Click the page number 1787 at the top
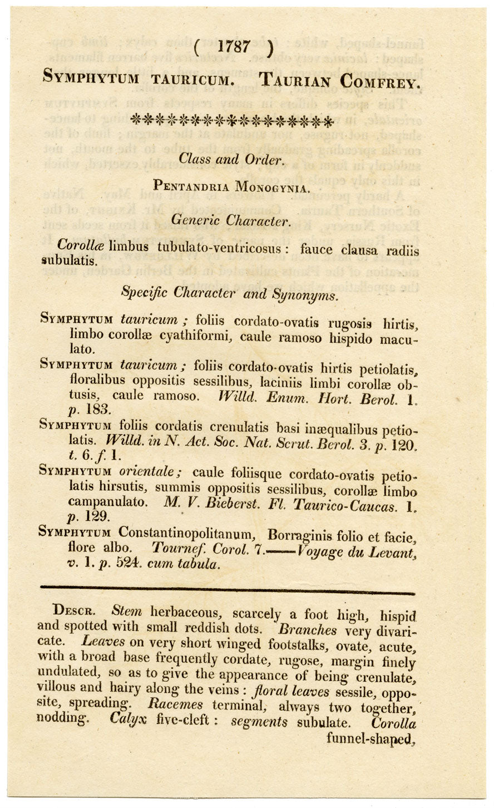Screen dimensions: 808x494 (234, 46)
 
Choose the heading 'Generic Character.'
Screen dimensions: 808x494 (230, 221)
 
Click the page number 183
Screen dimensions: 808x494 (102, 410)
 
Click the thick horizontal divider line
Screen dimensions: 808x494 (228, 589)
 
